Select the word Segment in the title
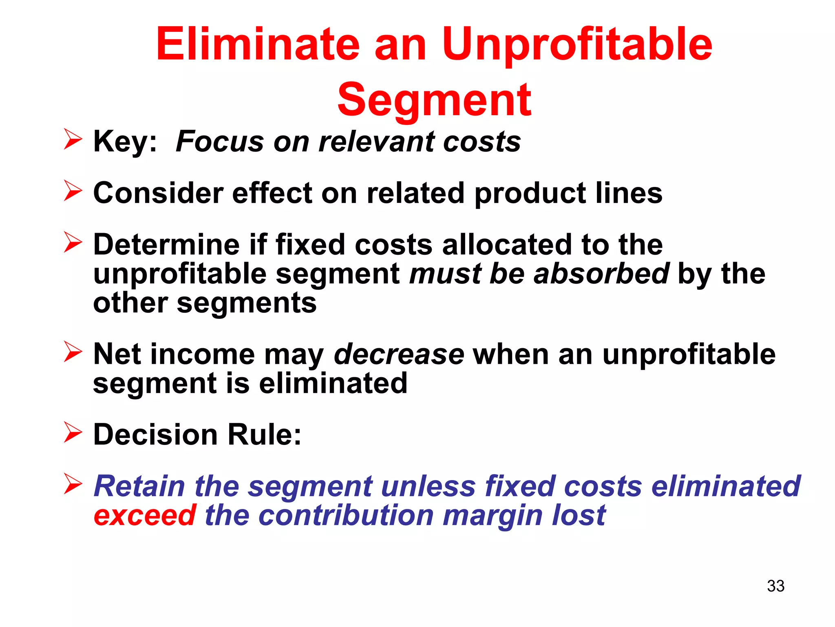(x=434, y=100)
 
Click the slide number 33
(x=775, y=586)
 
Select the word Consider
(x=158, y=193)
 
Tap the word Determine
(x=166, y=245)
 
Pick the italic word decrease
(x=399, y=354)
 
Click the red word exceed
(x=145, y=515)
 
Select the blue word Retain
(x=139, y=486)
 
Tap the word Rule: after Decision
(x=264, y=434)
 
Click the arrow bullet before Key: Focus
(x=73, y=139)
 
